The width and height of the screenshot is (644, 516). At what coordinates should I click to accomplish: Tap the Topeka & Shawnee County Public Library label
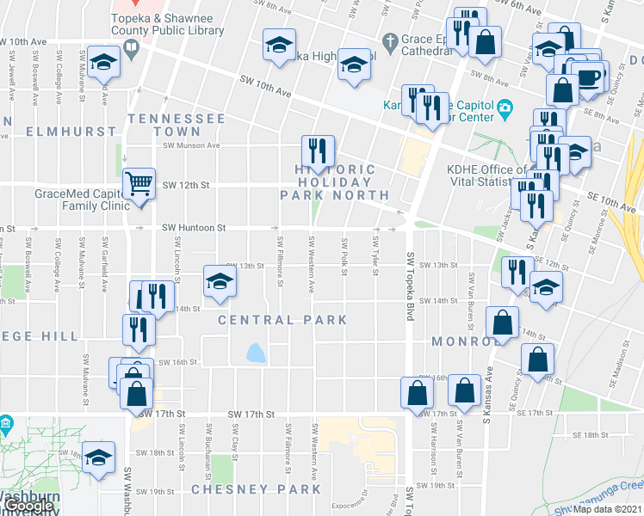click(168, 24)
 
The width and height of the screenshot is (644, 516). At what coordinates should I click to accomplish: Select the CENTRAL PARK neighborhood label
click(282, 320)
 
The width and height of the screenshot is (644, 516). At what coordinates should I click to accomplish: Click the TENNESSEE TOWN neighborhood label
click(176, 125)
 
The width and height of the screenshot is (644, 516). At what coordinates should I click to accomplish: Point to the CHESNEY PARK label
click(257, 489)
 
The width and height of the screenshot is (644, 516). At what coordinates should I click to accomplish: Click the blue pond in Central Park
click(256, 353)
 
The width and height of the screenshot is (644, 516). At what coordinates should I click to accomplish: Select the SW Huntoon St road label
click(194, 228)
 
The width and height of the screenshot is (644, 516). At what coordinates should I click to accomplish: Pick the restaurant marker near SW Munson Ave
click(318, 152)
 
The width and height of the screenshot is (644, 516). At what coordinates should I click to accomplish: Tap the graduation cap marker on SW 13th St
click(220, 281)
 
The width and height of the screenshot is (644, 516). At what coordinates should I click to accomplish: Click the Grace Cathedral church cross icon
click(390, 40)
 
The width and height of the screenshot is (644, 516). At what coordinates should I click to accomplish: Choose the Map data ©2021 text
click(608, 510)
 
